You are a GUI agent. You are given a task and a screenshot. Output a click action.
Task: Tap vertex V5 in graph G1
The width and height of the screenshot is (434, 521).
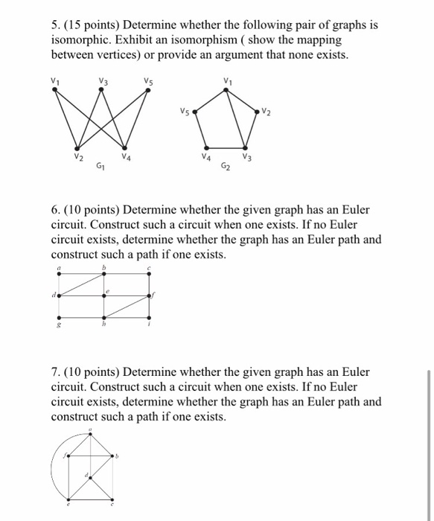(x=149, y=89)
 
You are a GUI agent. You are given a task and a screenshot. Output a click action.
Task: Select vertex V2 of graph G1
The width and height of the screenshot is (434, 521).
(x=77, y=149)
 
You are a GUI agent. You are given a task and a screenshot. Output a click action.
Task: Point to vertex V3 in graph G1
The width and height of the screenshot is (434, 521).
(x=101, y=89)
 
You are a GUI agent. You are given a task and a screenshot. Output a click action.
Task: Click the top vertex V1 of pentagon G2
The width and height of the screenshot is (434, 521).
(x=226, y=89)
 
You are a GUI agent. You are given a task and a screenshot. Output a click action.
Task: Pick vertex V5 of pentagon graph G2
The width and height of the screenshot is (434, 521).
(x=195, y=112)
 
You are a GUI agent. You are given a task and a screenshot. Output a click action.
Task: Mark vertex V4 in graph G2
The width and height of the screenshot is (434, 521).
(x=211, y=150)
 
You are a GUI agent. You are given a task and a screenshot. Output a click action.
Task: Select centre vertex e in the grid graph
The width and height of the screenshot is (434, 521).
(x=105, y=295)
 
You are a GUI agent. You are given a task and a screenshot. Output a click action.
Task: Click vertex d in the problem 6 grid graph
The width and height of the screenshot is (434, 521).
(x=59, y=295)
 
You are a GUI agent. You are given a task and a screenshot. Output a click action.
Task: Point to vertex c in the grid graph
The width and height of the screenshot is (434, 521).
(x=150, y=274)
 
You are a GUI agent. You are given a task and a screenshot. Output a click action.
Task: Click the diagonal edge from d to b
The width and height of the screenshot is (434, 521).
(x=82, y=284)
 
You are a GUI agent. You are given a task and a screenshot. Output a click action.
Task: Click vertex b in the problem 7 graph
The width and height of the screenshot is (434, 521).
(x=112, y=456)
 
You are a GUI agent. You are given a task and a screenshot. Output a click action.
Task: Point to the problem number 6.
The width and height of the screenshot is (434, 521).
(x=54, y=210)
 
